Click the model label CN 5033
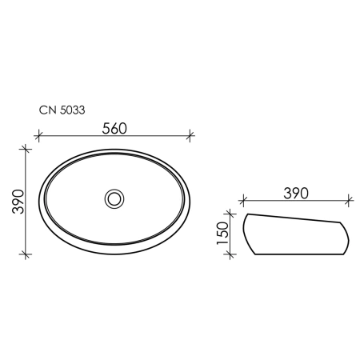(62, 110)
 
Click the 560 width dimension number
(114, 129)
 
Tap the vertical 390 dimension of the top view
(18, 202)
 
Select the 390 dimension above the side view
(296, 194)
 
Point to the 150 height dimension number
(223, 233)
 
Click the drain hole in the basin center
(114, 199)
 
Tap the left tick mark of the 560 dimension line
(38, 135)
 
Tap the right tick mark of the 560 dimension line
(190, 135)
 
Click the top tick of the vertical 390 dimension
(26, 149)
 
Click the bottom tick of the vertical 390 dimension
(26, 254)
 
